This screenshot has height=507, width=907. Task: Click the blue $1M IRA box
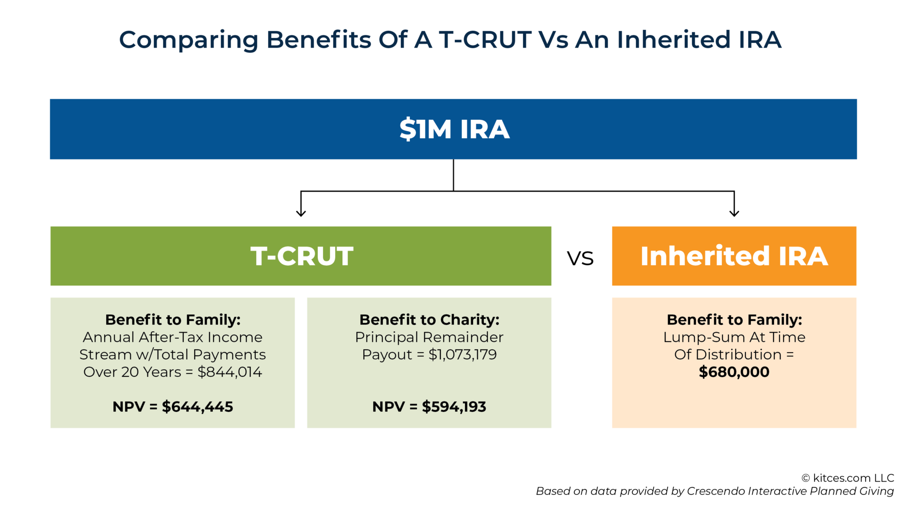pyautogui.click(x=453, y=129)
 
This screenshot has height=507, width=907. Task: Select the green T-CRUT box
pyautogui.click(x=301, y=256)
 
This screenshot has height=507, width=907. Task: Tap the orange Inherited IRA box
pyautogui.click(x=734, y=256)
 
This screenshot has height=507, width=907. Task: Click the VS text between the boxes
pyautogui.click(x=580, y=259)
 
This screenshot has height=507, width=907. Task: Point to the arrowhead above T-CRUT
pyautogui.click(x=301, y=213)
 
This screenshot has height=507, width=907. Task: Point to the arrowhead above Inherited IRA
pyautogui.click(x=734, y=213)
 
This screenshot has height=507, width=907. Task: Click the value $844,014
pyautogui.click(x=230, y=372)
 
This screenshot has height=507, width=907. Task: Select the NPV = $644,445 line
pyautogui.click(x=173, y=407)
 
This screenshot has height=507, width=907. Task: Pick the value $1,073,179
pyautogui.click(x=463, y=354)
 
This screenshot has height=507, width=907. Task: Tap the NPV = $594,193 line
pyautogui.click(x=429, y=407)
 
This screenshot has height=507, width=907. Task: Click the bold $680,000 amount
pyautogui.click(x=734, y=372)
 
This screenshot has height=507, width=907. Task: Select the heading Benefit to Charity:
pyautogui.click(x=429, y=320)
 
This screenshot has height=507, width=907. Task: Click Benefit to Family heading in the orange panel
pyautogui.click(x=734, y=320)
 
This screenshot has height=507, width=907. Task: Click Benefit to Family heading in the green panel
pyautogui.click(x=173, y=320)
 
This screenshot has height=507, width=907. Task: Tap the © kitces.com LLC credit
pyautogui.click(x=847, y=478)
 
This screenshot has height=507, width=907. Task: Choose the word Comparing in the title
pyautogui.click(x=188, y=40)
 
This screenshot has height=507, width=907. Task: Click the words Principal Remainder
pyautogui.click(x=429, y=337)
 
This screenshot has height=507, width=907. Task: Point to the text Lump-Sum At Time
pyautogui.click(x=734, y=337)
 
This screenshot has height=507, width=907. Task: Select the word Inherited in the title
pyautogui.click(x=673, y=40)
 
